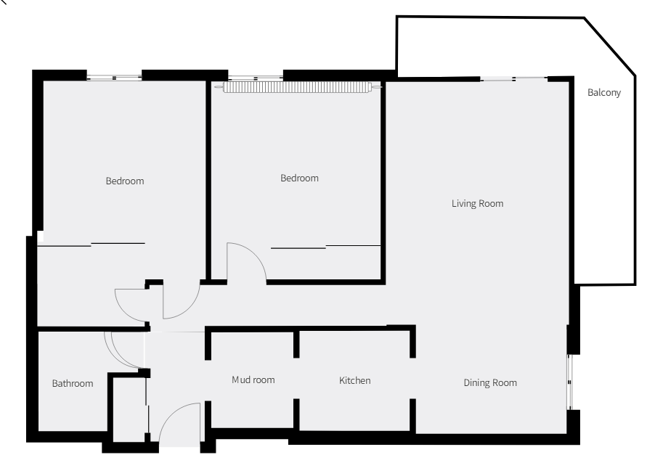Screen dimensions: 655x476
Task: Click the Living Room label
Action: pos(478,204)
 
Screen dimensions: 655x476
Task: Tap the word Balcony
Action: pos(604,93)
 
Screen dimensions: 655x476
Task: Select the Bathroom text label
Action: pos(73,383)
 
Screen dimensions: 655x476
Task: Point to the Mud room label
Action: pos(253,380)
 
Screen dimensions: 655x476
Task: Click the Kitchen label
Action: pos(354,380)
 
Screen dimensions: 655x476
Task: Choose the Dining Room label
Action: pos(490,383)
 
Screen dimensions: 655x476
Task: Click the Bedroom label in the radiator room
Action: pos(299,178)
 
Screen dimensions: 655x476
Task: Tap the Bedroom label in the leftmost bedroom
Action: pos(125,181)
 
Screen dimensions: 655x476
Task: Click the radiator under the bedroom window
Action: pos(298,87)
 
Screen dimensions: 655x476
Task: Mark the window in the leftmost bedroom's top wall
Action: pos(114,78)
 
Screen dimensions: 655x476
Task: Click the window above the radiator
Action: pos(256,78)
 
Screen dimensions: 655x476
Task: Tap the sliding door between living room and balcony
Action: pos(513,78)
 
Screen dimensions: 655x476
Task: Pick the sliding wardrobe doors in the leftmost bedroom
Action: pos(91,245)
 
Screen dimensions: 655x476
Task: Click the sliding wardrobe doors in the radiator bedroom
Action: pos(325,247)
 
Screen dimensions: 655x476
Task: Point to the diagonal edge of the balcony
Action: pos(610,46)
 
